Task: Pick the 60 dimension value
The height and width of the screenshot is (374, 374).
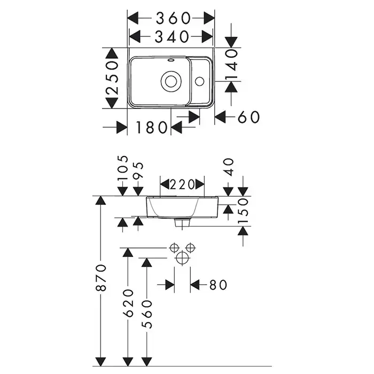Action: [x=249, y=116]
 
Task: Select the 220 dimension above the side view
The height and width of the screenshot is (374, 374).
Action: [x=182, y=185]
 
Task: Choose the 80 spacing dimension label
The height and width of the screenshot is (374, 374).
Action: [x=218, y=285]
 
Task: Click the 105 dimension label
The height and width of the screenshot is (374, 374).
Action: [x=123, y=168]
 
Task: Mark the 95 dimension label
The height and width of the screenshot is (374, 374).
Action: [x=139, y=170]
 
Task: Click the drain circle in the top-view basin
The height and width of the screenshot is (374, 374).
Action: [x=171, y=81]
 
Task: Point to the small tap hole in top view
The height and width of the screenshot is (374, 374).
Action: [x=199, y=81]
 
